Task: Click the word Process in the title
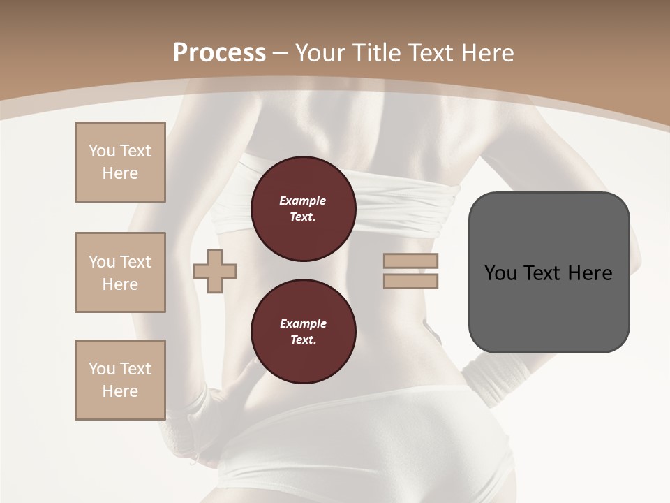(219, 53)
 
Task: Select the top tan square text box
(120, 162)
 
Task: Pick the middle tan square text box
(120, 272)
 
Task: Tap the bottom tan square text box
(120, 380)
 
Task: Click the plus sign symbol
(215, 271)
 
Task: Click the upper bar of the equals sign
(411, 261)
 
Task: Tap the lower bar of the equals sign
(411, 281)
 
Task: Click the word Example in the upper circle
(302, 201)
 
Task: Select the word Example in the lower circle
(303, 323)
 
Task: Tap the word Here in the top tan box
(120, 173)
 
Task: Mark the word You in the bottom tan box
(101, 369)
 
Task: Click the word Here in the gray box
(590, 273)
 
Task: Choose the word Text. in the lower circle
(303, 340)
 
